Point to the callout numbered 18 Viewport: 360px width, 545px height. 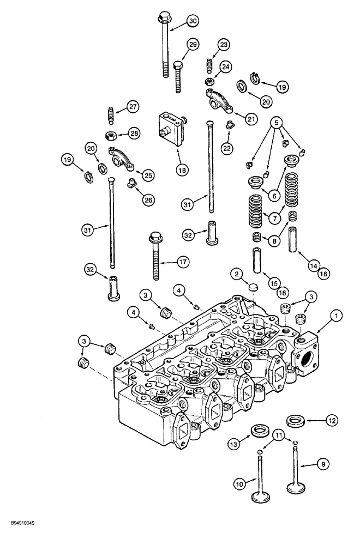(x=182, y=170)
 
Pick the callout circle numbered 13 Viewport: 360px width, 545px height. (x=233, y=444)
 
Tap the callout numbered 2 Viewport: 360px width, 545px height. (x=236, y=273)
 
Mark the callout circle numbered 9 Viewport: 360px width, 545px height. (x=323, y=465)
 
